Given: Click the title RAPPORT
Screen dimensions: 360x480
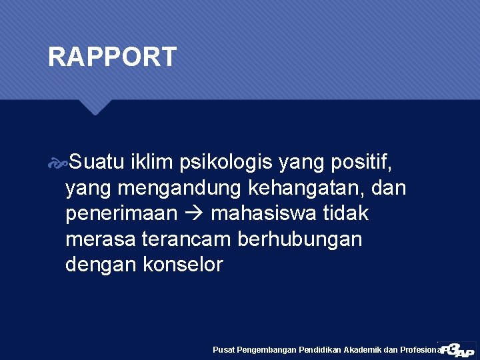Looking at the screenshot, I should click(112, 57).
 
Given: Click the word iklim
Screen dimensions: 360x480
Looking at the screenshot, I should click(151, 162).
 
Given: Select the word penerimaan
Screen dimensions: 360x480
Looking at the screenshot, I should click(121, 214).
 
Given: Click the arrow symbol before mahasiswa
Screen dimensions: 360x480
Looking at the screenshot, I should click(195, 214).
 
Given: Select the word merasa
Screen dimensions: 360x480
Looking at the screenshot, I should click(99, 239).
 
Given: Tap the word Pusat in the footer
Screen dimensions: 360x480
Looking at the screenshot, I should click(222, 349).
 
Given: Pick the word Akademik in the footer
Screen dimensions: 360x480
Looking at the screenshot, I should click(362, 349).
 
